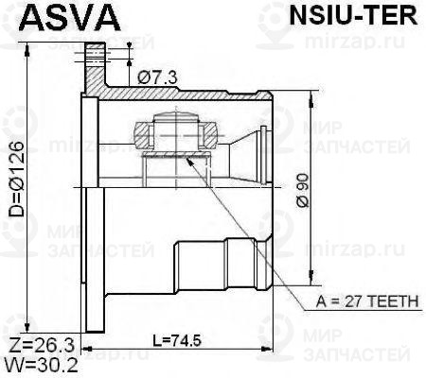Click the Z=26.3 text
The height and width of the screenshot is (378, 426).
[40, 342]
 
